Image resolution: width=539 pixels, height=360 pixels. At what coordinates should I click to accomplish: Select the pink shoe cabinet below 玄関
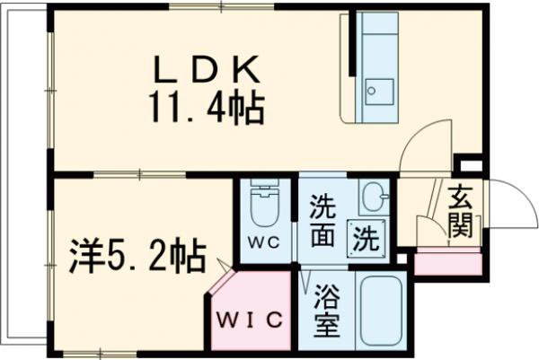coord(450,260)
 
